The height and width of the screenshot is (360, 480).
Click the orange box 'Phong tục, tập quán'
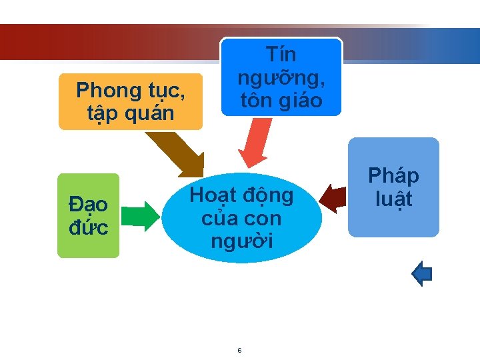coord(130,101)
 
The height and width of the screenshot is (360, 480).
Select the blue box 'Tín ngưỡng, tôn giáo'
coord(281,77)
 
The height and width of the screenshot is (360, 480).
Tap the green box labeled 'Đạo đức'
coord(88,215)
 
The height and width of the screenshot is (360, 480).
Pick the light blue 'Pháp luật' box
coord(393,187)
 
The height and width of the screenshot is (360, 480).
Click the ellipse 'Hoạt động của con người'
coord(241,217)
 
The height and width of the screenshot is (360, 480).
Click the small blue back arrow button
coord(423,273)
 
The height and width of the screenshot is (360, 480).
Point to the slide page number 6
coord(239,351)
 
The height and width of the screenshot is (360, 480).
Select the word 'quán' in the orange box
coord(152,113)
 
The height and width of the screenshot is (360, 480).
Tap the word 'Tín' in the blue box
coord(281,54)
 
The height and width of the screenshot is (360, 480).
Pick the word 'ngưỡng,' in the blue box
coord(282,77)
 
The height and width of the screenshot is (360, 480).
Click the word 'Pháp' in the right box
coord(393,176)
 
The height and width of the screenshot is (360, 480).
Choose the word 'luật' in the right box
coord(393,199)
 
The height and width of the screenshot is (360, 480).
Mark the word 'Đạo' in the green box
coord(88,205)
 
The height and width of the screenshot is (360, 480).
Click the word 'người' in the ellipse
coord(241,240)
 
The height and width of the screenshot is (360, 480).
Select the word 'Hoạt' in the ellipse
coord(213,195)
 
